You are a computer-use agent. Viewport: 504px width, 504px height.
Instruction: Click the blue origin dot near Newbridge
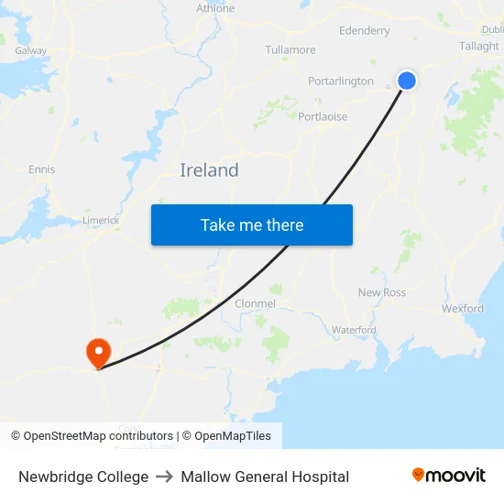407,81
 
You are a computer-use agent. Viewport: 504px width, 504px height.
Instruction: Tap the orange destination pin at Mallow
97,352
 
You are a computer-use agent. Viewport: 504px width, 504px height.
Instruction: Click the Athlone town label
215,8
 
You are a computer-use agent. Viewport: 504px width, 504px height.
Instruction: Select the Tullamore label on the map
290,49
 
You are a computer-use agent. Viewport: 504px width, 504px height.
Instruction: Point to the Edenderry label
364,30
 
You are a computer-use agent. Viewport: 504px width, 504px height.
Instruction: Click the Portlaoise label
323,116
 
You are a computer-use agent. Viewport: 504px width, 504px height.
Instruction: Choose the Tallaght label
478,46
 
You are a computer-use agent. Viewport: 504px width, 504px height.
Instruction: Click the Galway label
30,50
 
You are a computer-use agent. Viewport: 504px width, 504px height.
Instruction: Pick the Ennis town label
41,170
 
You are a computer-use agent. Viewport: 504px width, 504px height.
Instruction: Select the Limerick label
101,220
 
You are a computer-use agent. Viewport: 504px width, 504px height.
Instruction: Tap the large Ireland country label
209,170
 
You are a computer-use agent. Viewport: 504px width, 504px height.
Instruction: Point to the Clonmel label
255,303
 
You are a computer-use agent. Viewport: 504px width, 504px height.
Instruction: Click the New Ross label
381,292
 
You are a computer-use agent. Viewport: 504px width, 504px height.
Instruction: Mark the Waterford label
354,330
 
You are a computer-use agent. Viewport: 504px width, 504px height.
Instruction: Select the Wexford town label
462,309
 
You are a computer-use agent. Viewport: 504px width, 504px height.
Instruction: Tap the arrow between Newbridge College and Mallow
165,477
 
